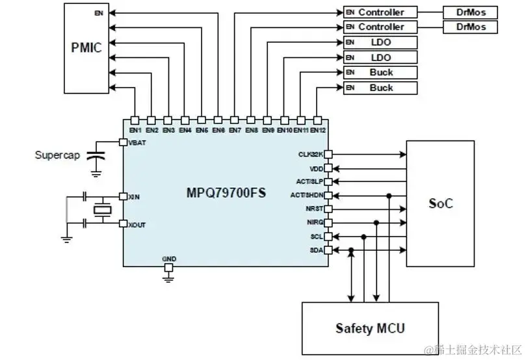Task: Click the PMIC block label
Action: click(86, 47)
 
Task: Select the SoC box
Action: click(440, 203)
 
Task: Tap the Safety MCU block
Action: click(369, 328)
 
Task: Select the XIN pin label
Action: click(135, 196)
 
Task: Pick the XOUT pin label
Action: click(137, 224)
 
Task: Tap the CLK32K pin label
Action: click(311, 154)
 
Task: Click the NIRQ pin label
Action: click(315, 223)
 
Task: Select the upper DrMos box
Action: click(471, 12)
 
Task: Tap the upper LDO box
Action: click(380, 42)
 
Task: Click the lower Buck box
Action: click(380, 88)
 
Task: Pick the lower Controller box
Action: click(380, 27)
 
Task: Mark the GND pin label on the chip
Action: click(169, 259)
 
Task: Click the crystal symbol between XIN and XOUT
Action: click(102, 210)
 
